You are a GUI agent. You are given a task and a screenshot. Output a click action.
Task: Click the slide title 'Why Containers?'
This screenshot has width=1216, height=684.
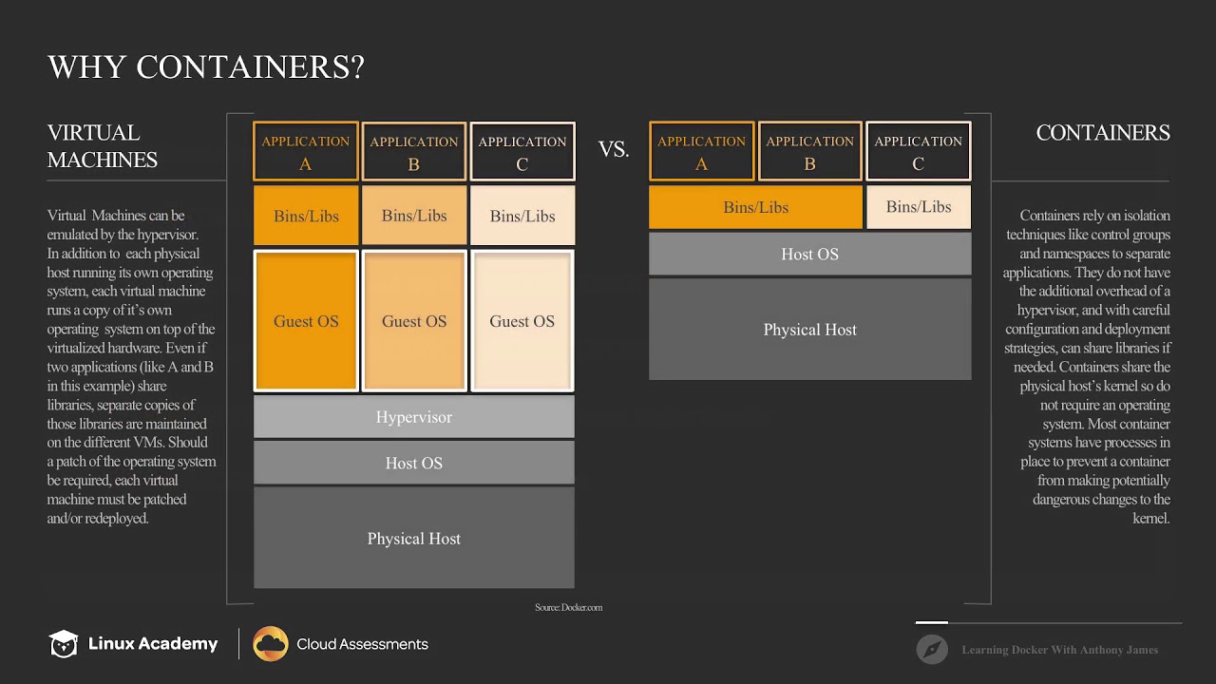pyautogui.click(x=206, y=67)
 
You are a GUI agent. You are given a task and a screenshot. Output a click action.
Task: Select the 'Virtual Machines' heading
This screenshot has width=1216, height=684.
pyautogui.click(x=103, y=146)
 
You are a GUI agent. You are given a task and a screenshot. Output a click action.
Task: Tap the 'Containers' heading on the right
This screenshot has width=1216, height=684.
pyautogui.click(x=1102, y=133)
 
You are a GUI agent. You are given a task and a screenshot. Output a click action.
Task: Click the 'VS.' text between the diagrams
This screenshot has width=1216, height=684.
pyautogui.click(x=613, y=149)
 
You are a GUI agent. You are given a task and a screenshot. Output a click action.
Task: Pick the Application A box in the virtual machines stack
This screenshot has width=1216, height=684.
pyautogui.click(x=306, y=152)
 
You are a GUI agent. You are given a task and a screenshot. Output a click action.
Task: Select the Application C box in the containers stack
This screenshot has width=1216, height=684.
pyautogui.click(x=918, y=152)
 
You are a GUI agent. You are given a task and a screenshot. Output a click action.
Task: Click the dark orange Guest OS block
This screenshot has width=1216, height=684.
pyautogui.click(x=306, y=321)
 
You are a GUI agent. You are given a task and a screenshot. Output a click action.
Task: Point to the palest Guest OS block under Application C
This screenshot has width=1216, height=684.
pyautogui.click(x=522, y=321)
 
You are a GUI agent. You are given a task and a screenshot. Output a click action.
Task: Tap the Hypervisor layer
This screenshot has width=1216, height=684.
pyautogui.click(x=413, y=417)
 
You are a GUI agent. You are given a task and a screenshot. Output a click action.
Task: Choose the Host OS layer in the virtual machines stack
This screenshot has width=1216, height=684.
pyautogui.click(x=413, y=463)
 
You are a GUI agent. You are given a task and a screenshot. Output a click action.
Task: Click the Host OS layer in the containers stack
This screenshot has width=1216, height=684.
pyautogui.click(x=809, y=254)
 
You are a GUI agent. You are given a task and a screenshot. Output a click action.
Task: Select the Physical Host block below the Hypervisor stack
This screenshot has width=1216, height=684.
pyautogui.click(x=413, y=538)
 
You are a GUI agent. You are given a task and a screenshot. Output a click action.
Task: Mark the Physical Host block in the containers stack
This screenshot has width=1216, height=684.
pyautogui.click(x=809, y=330)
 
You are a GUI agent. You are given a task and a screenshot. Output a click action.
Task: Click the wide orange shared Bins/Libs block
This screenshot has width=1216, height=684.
pyautogui.click(x=755, y=207)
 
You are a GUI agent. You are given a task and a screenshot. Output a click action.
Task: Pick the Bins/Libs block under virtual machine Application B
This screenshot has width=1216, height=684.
pyautogui.click(x=413, y=216)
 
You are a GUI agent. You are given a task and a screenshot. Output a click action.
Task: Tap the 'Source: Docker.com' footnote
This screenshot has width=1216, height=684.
pyautogui.click(x=568, y=607)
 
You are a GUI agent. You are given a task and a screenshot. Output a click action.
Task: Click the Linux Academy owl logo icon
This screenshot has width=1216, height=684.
pyautogui.click(x=64, y=644)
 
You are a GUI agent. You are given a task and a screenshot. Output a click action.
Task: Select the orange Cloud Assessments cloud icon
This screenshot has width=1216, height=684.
pyautogui.click(x=271, y=644)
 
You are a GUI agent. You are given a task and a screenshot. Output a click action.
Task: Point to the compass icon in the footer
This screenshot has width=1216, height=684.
pyautogui.click(x=932, y=650)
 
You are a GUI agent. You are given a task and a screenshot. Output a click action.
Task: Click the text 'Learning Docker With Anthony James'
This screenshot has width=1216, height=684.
pyautogui.click(x=1059, y=650)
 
